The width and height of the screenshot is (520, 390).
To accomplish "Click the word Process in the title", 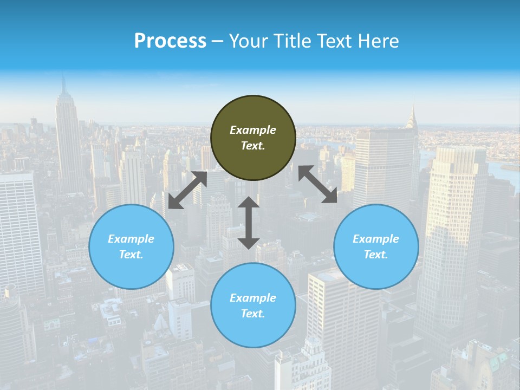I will (170, 41).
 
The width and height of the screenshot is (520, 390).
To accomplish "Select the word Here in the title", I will (378, 41).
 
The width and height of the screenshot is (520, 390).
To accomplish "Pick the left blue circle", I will (131, 246).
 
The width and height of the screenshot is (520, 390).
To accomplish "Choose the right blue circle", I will (376, 246).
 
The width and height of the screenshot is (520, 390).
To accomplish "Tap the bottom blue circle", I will (253, 305).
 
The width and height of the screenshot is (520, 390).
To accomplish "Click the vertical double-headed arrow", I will (249, 223).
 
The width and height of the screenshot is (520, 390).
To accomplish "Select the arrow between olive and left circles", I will (187, 190).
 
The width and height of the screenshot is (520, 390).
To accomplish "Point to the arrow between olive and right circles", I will (317, 184).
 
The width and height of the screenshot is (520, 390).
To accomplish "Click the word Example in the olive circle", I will (253, 130).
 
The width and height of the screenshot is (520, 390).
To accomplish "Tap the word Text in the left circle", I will (131, 255).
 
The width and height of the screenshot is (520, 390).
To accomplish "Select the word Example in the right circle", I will (376, 239).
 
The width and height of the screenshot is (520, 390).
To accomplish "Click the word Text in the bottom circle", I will (253, 314).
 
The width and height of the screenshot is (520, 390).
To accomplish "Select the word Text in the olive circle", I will (253, 146).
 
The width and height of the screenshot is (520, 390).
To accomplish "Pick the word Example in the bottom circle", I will (253, 298).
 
